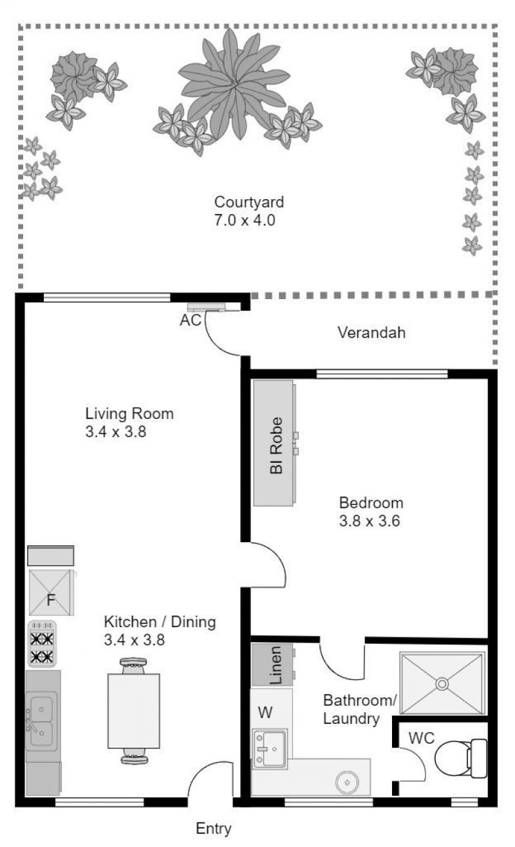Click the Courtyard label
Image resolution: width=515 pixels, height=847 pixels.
click(x=249, y=202)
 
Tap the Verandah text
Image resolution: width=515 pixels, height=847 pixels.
click(x=371, y=333)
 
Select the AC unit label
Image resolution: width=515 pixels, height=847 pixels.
click(x=191, y=320)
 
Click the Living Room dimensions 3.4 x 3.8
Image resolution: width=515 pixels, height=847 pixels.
click(x=116, y=432)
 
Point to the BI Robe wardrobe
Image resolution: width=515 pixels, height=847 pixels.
click(x=274, y=443)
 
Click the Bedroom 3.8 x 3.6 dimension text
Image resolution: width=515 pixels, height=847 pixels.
click(x=370, y=521)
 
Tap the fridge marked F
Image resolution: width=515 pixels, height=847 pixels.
click(x=51, y=592)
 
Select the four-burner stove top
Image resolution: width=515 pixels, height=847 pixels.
click(x=42, y=643)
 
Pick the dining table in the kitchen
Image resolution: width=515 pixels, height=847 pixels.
click(x=134, y=710)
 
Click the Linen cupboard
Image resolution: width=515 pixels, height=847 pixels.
click(x=272, y=665)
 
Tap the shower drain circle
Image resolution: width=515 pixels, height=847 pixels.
click(x=442, y=684)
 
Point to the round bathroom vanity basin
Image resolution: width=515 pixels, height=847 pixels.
click(x=347, y=781)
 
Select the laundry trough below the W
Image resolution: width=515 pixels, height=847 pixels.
click(x=270, y=748)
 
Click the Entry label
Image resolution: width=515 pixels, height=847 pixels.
click(x=214, y=828)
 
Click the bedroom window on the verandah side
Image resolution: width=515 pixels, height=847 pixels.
click(x=382, y=375)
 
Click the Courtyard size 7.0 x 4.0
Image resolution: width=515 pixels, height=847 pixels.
click(x=245, y=220)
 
